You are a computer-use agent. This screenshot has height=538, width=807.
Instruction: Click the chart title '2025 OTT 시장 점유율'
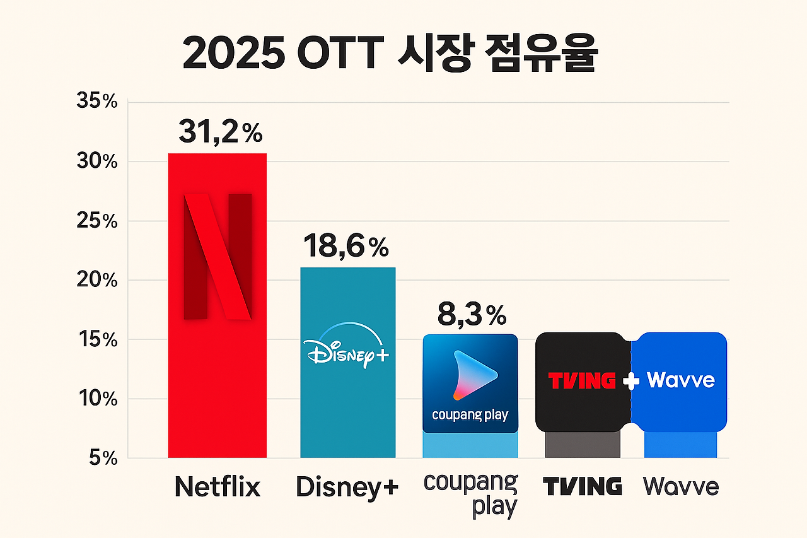tap(389, 56)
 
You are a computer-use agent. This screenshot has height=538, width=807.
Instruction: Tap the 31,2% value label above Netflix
tap(220, 132)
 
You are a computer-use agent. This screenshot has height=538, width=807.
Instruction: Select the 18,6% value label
tap(345, 246)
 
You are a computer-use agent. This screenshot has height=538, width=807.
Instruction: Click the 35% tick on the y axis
tap(96, 102)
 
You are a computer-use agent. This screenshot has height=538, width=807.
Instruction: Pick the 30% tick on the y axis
tap(96, 162)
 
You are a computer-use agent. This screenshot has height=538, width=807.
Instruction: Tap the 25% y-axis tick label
tap(96, 221)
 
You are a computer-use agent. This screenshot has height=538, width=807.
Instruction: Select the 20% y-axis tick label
tap(96, 281)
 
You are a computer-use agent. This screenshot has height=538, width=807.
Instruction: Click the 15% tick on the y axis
tap(96, 340)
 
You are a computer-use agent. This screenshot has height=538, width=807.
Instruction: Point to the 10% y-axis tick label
tap(96, 399)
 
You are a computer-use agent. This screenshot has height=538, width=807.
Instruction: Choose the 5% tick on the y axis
tap(101, 459)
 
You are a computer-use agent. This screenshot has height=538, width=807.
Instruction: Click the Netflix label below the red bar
tap(217, 488)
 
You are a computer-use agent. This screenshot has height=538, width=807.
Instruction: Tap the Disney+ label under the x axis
tap(347, 488)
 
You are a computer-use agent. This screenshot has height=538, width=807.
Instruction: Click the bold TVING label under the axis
tap(582, 487)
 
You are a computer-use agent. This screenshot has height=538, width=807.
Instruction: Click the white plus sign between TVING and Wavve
tap(630, 381)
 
